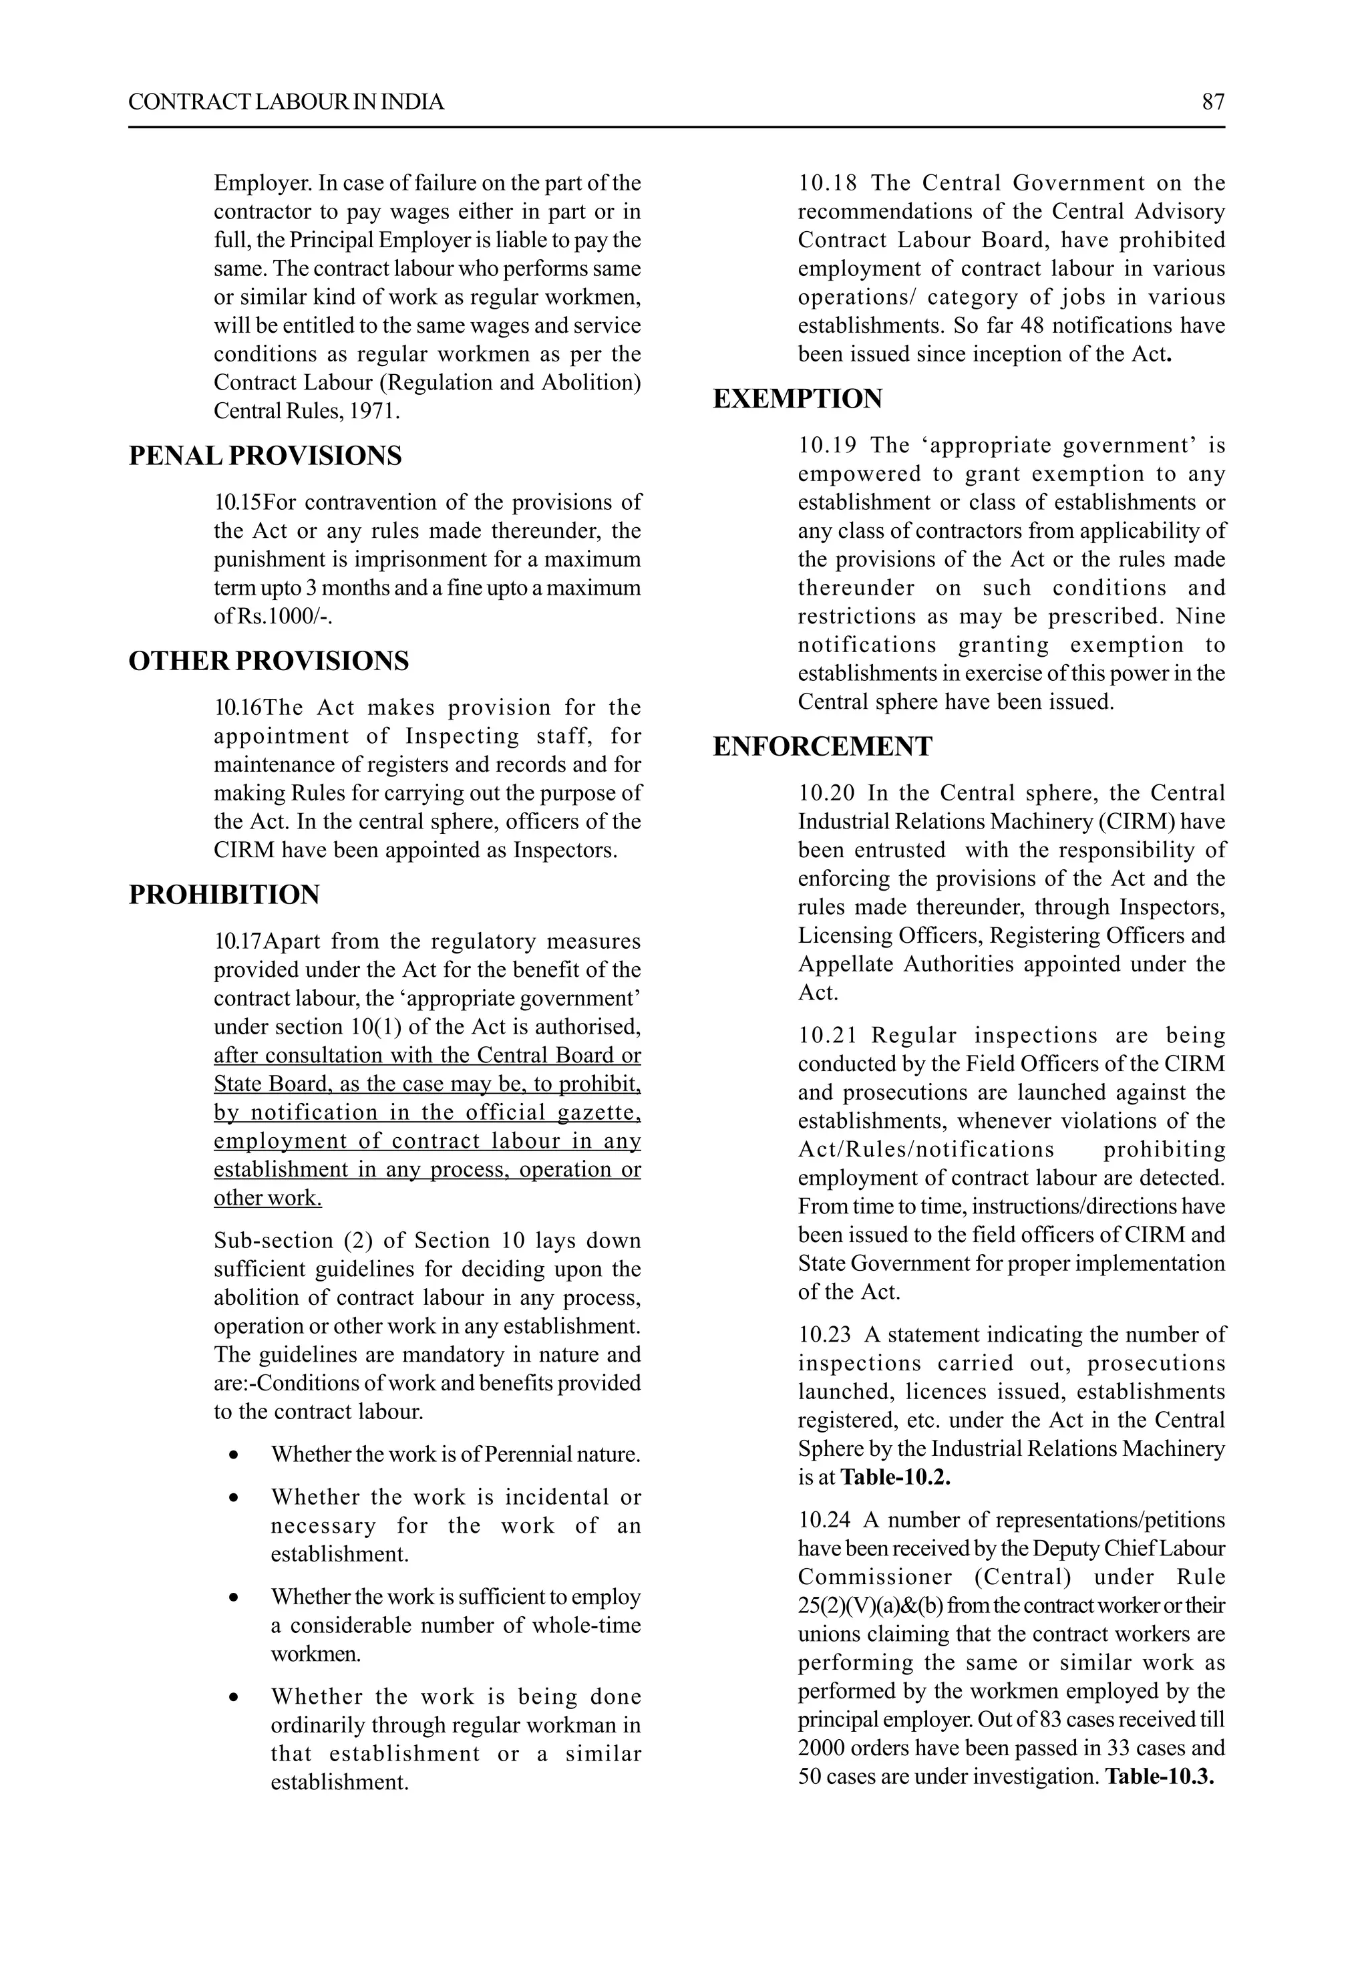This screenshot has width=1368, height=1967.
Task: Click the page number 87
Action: [1213, 102]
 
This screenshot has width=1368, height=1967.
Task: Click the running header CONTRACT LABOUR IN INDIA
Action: [286, 102]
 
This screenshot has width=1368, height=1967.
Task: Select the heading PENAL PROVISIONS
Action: [265, 456]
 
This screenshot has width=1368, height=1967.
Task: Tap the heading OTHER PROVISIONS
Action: [268, 661]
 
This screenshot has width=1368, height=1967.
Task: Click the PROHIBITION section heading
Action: [224, 895]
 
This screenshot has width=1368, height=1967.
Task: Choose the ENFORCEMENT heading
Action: [822, 746]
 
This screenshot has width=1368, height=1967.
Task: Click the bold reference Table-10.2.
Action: [895, 1477]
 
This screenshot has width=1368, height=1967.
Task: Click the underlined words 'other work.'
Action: [267, 1198]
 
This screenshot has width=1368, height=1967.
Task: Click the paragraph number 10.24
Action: [824, 1520]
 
